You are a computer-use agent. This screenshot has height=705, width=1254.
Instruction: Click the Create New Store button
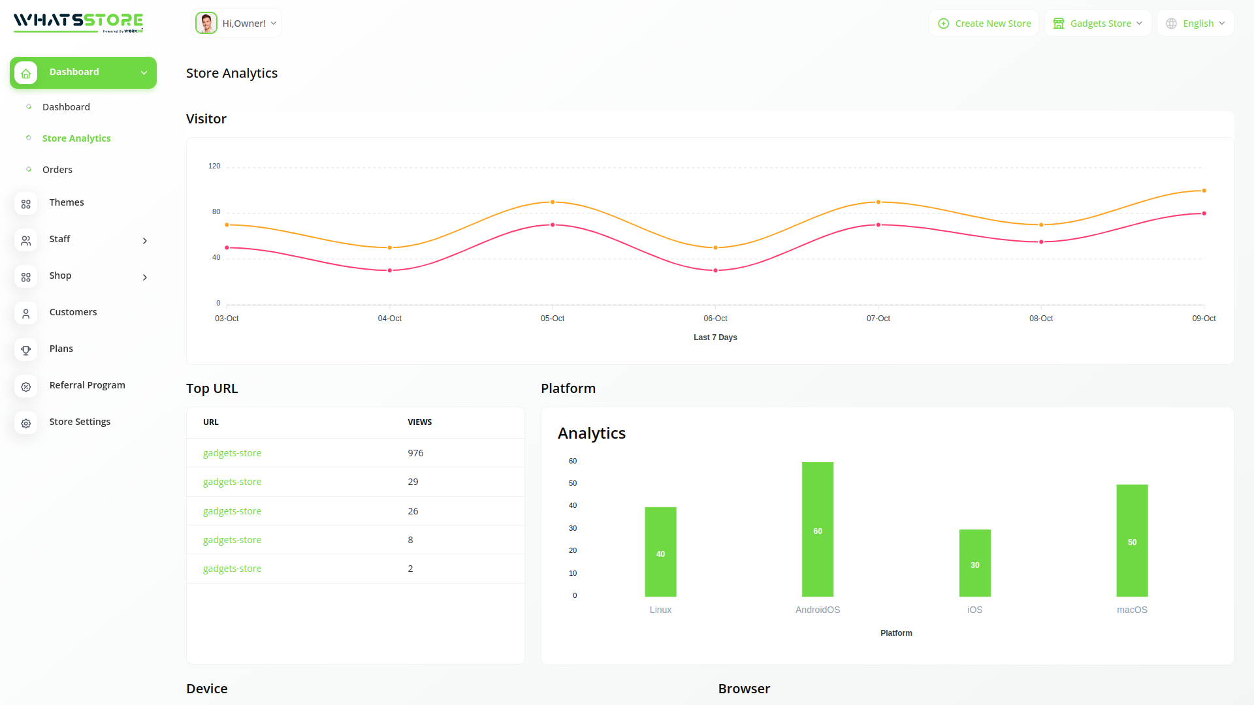(984, 23)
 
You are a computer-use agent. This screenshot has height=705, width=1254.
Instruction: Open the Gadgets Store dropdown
(1098, 23)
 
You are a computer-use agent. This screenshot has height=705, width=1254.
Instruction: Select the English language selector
(1195, 23)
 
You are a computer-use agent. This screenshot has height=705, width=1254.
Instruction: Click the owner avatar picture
(206, 23)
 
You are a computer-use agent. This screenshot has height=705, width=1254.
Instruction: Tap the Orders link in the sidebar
(57, 170)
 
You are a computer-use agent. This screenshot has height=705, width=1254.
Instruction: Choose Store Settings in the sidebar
(80, 422)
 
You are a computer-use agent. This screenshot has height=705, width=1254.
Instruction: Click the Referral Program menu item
(87, 385)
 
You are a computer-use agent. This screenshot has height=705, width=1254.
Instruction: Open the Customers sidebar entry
(72, 312)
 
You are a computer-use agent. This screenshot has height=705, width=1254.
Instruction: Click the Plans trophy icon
(26, 350)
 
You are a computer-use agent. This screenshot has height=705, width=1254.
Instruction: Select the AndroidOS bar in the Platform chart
(818, 529)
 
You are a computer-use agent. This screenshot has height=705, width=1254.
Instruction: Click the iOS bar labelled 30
(974, 563)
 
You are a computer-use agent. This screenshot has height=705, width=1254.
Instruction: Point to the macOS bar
(1132, 540)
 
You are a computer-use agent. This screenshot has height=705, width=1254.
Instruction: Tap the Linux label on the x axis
(660, 610)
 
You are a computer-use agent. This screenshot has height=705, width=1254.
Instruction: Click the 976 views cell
(415, 453)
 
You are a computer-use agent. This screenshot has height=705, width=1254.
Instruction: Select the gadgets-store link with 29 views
(232, 482)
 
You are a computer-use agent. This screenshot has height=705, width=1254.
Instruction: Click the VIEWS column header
(419, 422)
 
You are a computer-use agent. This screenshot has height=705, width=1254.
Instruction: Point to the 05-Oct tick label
(553, 319)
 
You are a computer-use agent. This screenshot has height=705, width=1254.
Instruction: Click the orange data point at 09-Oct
(1204, 191)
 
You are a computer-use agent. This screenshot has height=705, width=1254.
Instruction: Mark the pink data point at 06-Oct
(715, 270)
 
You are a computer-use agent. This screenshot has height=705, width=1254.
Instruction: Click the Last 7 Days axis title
(715, 337)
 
